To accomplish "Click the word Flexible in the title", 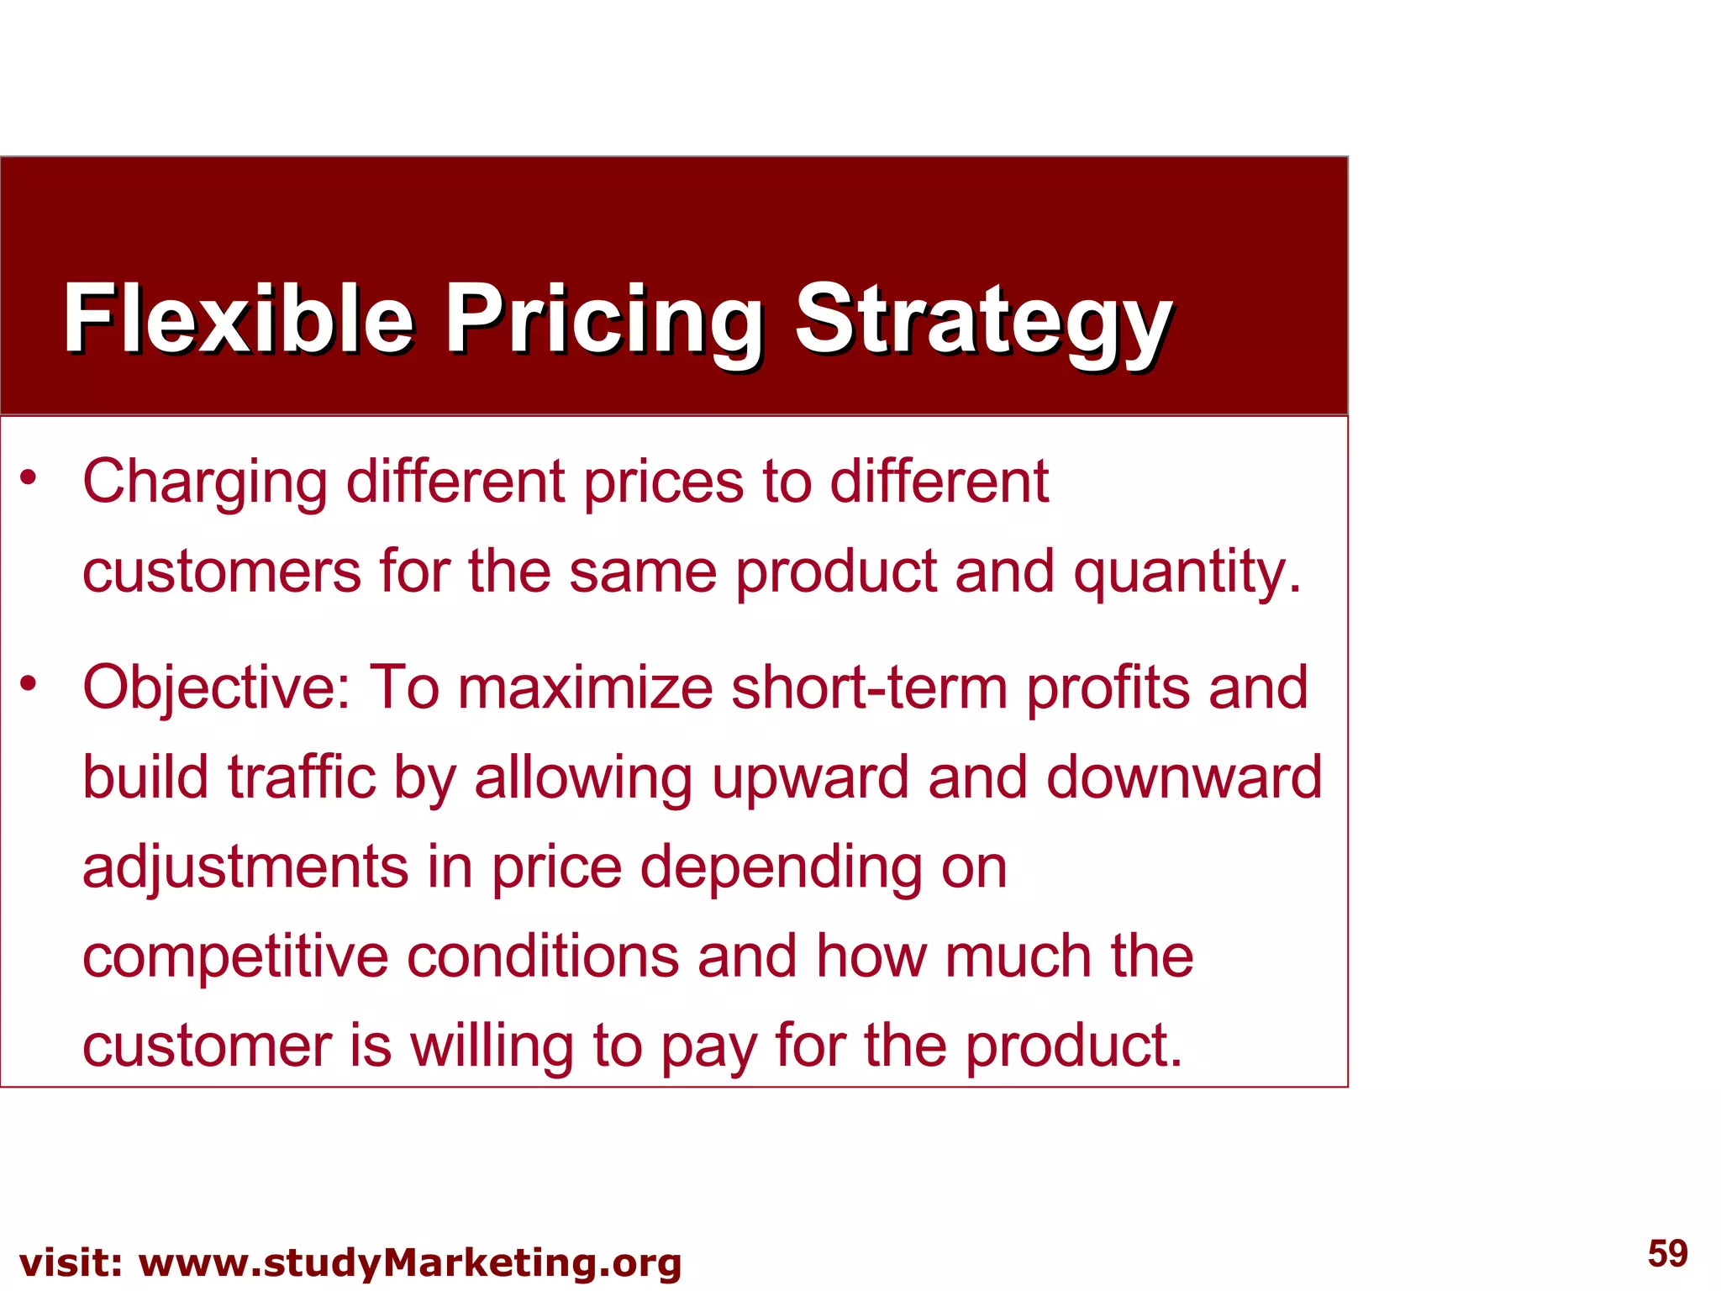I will point(238,319).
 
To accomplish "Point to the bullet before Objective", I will point(29,683).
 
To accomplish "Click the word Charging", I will point(204,483).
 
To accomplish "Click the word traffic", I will point(302,777).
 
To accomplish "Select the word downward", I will point(1183,777).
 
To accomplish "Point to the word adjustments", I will point(245,868).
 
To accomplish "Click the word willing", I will point(492,1047).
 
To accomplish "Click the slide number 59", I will point(1667,1253).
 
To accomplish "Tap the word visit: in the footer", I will point(71,1263).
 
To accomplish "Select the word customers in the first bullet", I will point(222,573).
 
